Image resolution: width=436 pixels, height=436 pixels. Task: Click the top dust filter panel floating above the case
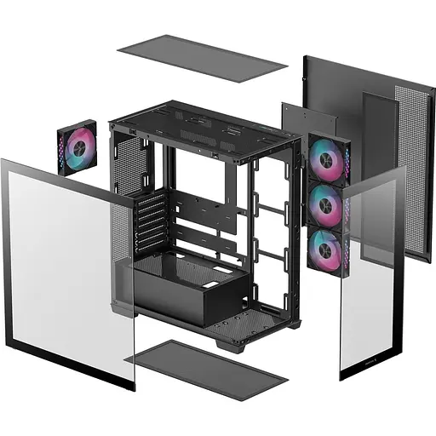(201, 57)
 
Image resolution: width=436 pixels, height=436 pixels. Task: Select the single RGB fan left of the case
(76, 146)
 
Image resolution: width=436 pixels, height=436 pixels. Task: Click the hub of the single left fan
(77, 146)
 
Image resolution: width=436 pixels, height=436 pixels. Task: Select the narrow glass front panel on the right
(370, 272)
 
